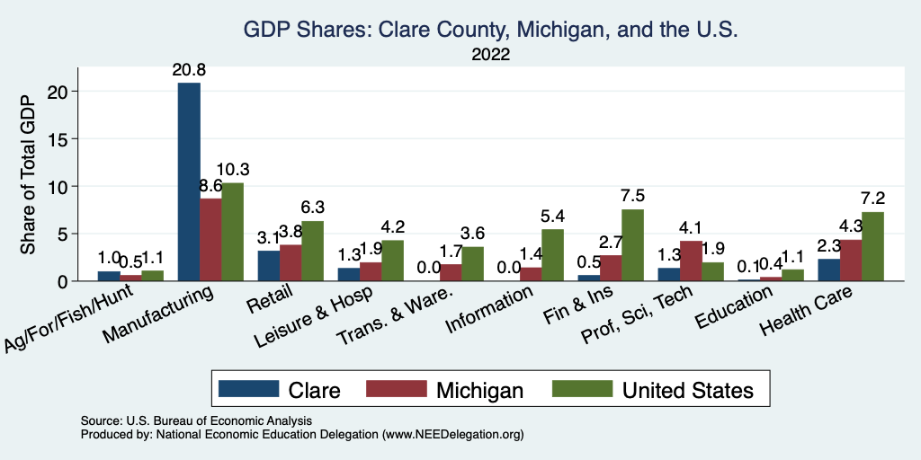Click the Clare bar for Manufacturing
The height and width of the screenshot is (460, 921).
coord(189,181)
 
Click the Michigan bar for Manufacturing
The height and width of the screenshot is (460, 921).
coord(210,240)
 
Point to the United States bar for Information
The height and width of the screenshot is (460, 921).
coord(552,255)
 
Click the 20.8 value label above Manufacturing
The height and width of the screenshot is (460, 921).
coord(189,69)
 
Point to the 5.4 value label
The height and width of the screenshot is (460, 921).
coord(552,217)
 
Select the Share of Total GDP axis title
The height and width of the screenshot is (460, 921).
coord(29,174)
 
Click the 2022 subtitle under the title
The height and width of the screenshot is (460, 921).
coord(490,55)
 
